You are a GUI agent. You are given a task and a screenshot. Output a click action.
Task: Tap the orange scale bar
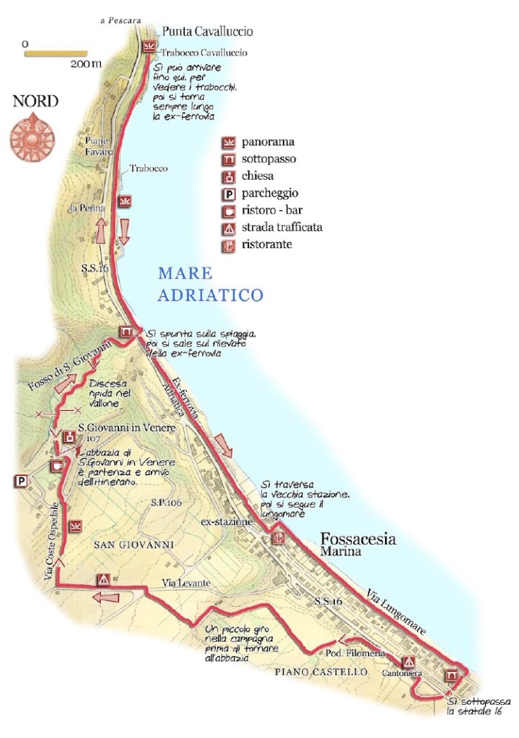(56, 53)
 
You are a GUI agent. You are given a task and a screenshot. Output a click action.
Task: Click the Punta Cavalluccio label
(207, 32)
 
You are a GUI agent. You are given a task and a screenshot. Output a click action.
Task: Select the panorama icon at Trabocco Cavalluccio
(148, 47)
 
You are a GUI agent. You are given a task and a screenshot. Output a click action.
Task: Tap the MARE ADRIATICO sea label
(209, 284)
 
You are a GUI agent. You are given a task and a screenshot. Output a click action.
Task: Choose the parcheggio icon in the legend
(228, 193)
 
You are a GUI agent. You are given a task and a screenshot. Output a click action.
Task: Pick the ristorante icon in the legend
(228, 245)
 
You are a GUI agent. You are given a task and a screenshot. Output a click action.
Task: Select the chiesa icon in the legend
(228, 176)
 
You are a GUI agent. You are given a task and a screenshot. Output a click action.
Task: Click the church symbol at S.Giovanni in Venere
(70, 437)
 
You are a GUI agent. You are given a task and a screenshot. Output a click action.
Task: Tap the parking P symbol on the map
(20, 481)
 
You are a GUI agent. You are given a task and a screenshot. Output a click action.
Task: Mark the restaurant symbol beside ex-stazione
(277, 538)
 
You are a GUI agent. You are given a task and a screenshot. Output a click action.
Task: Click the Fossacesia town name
(358, 539)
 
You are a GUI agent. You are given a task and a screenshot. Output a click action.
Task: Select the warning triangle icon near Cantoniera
(408, 663)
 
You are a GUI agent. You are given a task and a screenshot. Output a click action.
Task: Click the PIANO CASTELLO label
(321, 672)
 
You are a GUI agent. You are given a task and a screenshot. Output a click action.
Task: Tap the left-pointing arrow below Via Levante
(106, 598)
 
